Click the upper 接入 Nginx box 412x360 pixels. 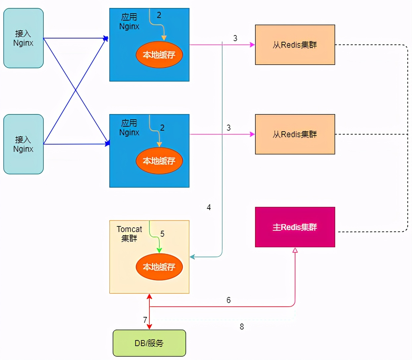[x=23, y=38]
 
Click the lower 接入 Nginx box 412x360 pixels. [x=23, y=144]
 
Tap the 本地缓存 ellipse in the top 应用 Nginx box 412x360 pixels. [x=159, y=55]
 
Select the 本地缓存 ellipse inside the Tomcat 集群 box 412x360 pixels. [x=159, y=267]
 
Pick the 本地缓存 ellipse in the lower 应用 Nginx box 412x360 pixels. [x=159, y=161]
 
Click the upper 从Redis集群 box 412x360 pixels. [x=295, y=45]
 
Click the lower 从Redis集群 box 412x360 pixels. [x=295, y=134]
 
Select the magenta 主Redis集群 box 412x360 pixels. [x=295, y=227]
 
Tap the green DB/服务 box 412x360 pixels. [x=149, y=343]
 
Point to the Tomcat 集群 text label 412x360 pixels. [x=129, y=234]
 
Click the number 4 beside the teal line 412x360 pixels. [x=209, y=207]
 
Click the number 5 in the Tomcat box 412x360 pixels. [x=162, y=234]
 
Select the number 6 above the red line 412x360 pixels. [x=229, y=300]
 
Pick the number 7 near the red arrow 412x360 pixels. [x=145, y=320]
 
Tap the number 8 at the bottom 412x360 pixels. [x=242, y=327]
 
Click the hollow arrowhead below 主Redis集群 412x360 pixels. [x=295, y=250]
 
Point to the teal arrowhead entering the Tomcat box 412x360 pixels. [x=192, y=257]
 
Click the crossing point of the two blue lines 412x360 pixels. [x=76, y=90]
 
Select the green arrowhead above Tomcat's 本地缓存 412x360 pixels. [x=159, y=250]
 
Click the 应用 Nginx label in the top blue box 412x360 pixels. [x=129, y=22]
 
